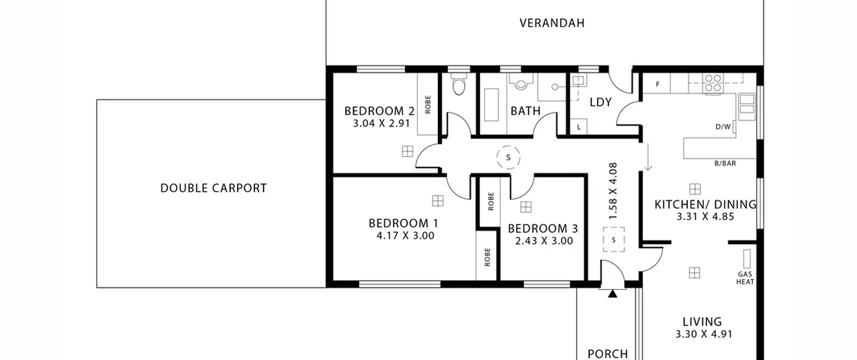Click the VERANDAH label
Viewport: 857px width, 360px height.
coord(552,23)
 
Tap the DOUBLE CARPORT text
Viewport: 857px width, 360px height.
coord(214,188)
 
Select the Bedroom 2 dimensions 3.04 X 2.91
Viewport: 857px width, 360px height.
coord(381,124)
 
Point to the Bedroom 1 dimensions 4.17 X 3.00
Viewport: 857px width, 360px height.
coord(405,236)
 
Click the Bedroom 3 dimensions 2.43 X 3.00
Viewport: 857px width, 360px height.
coord(544,241)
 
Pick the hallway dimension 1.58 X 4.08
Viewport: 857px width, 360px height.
coord(613,191)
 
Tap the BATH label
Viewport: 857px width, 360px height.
coord(526,111)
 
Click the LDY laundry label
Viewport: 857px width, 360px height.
coord(601,102)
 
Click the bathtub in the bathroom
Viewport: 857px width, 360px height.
coord(491,104)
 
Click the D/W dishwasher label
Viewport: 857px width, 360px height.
coord(723,127)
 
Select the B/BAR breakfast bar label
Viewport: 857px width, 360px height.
coord(725,163)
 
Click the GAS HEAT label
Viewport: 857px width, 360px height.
coord(745,278)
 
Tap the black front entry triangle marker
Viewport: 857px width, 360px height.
coord(613,294)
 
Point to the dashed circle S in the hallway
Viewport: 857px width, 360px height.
coord(508,157)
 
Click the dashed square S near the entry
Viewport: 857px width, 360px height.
coord(614,239)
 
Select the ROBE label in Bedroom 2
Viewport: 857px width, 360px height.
coord(427,104)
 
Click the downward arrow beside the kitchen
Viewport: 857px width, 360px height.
coord(648,157)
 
